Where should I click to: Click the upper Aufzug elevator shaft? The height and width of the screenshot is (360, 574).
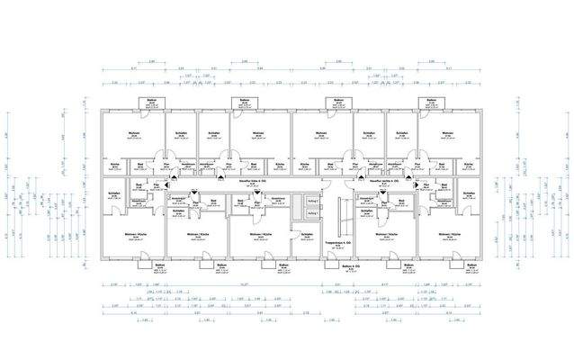[x=312, y=202]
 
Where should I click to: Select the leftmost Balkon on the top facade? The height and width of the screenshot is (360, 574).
[x=145, y=103]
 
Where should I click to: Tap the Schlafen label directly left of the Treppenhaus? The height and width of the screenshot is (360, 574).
[x=307, y=235]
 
